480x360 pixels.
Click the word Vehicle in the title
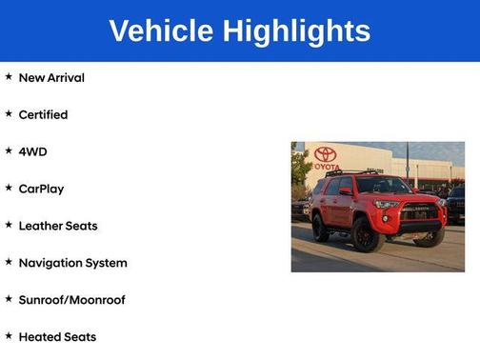[x=162, y=30]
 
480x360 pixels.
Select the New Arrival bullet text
[x=51, y=77]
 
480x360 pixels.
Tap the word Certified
[x=43, y=114]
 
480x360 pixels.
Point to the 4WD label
[x=32, y=151]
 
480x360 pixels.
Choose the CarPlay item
[x=41, y=189]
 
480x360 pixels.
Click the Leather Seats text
[x=57, y=226]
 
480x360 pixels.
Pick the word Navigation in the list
[x=51, y=263]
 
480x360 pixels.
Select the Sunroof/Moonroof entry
[x=71, y=300]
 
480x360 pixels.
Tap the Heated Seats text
[x=57, y=337]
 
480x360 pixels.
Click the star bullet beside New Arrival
[x=9, y=76]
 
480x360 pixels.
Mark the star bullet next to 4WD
[x=9, y=150]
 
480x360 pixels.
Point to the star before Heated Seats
[x=9, y=336]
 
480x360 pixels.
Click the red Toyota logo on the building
[x=326, y=155]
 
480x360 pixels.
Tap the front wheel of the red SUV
[x=367, y=233]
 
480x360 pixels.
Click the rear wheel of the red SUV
[x=321, y=226]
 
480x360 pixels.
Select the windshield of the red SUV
[x=382, y=186]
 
